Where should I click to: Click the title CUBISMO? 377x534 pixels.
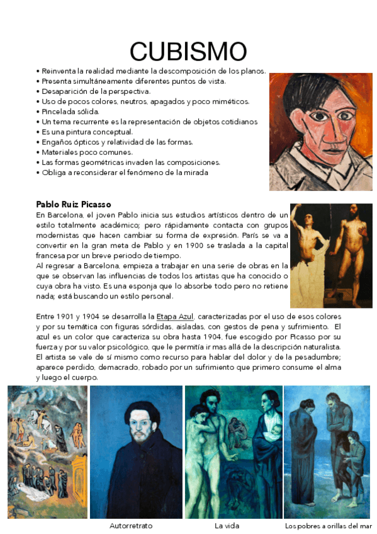tap(188, 50)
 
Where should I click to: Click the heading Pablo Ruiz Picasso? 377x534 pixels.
tap(74, 204)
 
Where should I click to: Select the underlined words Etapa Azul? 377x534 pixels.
tap(176, 315)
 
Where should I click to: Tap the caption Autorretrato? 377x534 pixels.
tap(131, 525)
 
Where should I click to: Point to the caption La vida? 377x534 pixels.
tap(227, 525)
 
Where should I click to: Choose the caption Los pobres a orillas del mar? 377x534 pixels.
tap(330, 525)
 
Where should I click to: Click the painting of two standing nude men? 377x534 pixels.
tap(331, 255)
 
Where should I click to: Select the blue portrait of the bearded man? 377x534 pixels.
tap(136, 452)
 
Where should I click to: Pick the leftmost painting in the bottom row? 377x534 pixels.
tap(47, 452)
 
